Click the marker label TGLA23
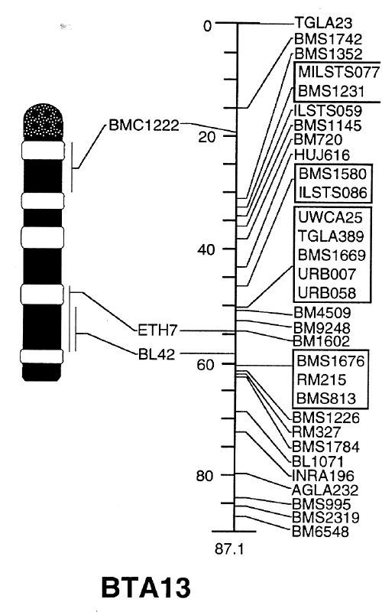click(x=323, y=23)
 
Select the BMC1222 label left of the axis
click(x=144, y=125)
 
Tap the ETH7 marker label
click(x=157, y=331)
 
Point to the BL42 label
click(x=157, y=354)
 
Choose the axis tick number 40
click(x=206, y=250)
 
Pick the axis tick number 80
click(x=205, y=476)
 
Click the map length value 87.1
click(x=229, y=549)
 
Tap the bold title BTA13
click(x=146, y=588)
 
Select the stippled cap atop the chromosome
click(x=44, y=120)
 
